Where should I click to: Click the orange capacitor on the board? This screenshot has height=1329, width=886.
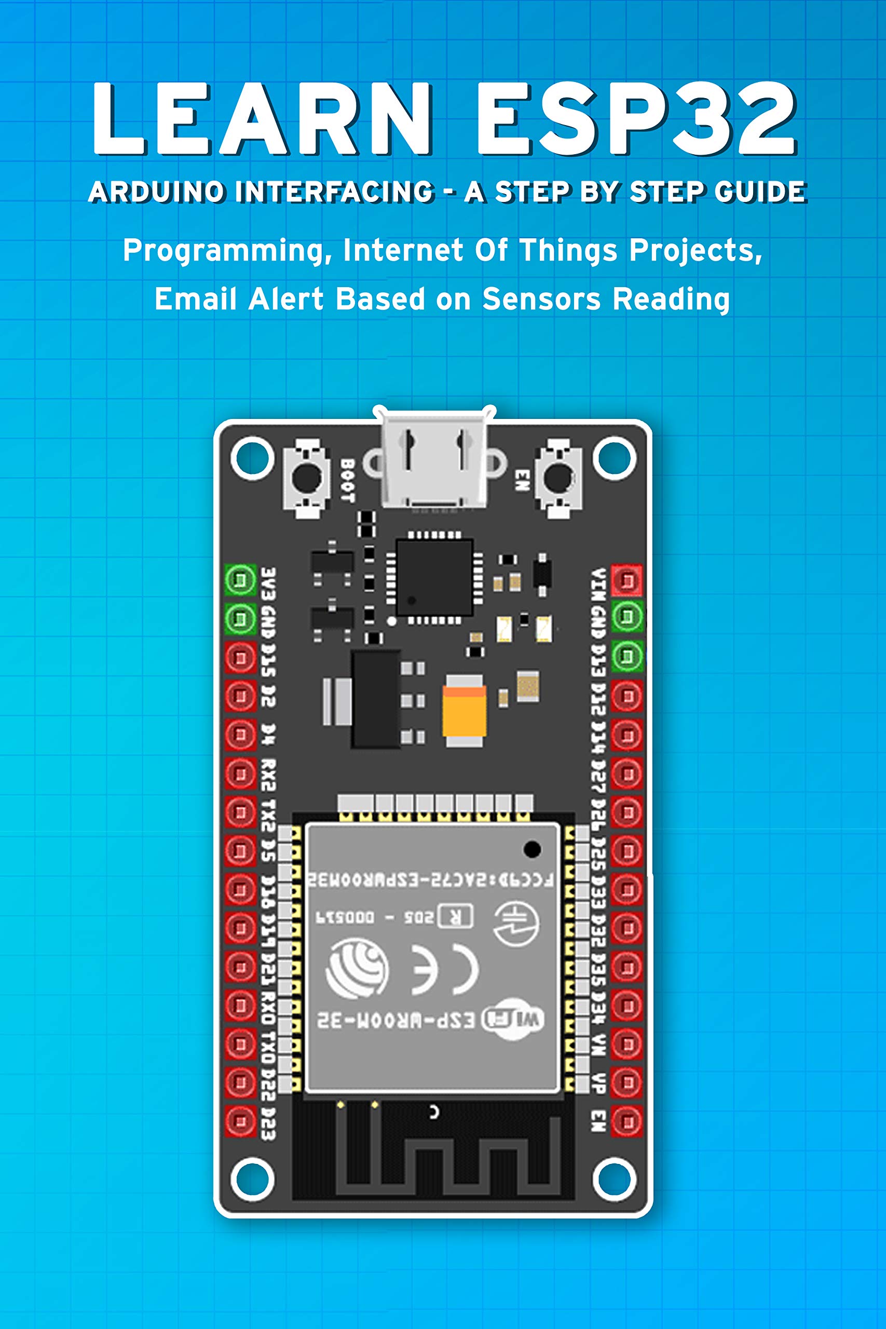pyautogui.click(x=465, y=710)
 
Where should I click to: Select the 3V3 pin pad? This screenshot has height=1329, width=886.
pyautogui.click(x=241, y=580)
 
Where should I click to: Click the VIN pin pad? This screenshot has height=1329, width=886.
pyautogui.click(x=626, y=580)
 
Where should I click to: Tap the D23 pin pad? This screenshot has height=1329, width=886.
pyautogui.click(x=241, y=1121)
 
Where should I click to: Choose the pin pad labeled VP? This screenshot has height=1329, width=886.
pyautogui.click(x=626, y=1082)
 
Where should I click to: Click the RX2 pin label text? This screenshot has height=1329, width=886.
pyautogui.click(x=268, y=775)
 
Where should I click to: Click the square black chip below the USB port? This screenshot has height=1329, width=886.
pyautogui.click(x=434, y=577)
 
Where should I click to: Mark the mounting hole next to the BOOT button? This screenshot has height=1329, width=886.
pyautogui.click(x=252, y=458)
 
